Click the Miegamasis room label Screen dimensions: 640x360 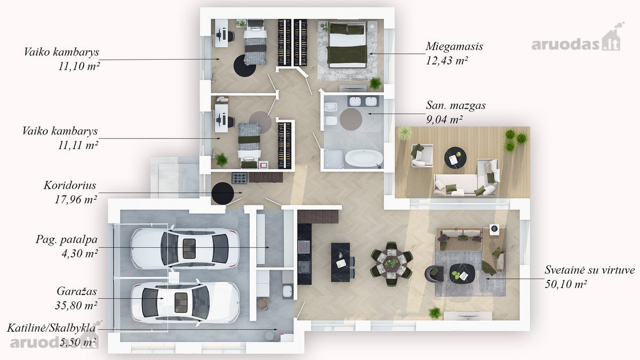click(x=454, y=46)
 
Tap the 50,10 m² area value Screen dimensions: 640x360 click(x=566, y=284)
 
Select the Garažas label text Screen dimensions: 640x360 click(x=77, y=291)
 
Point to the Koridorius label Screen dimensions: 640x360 click(x=70, y=186)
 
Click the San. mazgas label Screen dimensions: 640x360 click(x=455, y=106)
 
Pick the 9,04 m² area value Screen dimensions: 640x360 click(x=444, y=119)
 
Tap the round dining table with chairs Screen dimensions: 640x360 click(x=391, y=263)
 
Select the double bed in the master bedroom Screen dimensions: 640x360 click(x=347, y=45)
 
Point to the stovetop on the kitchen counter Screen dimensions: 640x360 click(x=305, y=247)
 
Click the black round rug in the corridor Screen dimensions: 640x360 click(x=223, y=193)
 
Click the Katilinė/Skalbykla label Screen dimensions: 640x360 click(x=51, y=329)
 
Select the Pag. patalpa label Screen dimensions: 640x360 click(x=67, y=239)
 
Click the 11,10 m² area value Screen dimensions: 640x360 click(x=79, y=66)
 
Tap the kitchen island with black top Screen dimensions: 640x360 click(x=341, y=262)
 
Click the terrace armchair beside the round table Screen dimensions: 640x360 click(x=422, y=156)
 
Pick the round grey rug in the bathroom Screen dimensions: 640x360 click(x=351, y=119)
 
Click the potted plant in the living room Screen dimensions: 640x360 click(x=435, y=313)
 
